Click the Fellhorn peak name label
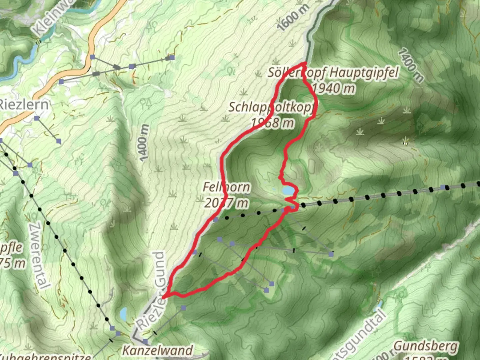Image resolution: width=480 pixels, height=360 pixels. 226,187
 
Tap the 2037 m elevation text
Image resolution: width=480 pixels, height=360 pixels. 226,203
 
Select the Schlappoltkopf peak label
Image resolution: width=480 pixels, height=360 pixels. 272,107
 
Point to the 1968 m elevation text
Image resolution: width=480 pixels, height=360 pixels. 272,123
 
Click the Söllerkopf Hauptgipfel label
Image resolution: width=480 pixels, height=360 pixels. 333,72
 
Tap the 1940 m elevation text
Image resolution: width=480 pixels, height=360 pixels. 333,88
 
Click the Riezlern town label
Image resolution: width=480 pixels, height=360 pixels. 24,105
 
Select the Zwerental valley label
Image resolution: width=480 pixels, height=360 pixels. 39,255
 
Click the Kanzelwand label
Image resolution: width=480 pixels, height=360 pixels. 158,350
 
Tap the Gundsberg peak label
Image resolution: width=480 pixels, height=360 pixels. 426,346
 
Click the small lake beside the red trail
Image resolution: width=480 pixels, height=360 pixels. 288,191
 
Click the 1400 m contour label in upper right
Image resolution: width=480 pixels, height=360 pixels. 411,65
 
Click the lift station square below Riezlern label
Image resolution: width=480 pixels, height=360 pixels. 37,118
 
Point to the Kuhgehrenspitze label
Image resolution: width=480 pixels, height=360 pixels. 45,356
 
